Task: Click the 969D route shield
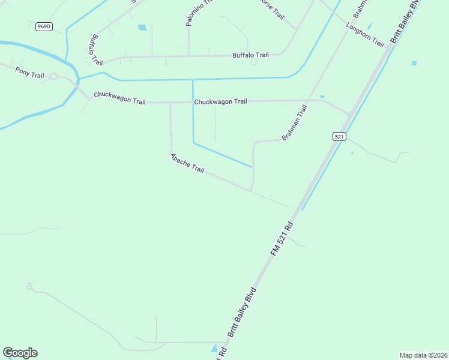point(43,26)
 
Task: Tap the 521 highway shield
point(339,137)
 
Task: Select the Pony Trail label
point(29,71)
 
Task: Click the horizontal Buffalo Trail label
point(250,55)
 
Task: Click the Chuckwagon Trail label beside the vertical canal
point(220,101)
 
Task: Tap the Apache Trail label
point(187,163)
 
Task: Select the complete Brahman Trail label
point(294,124)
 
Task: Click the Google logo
point(20,353)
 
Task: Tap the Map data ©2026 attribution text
point(423,355)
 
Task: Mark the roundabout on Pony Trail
point(53,76)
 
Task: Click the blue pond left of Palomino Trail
point(142,27)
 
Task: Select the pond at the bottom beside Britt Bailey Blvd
point(214,348)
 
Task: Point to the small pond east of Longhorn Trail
point(414,62)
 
